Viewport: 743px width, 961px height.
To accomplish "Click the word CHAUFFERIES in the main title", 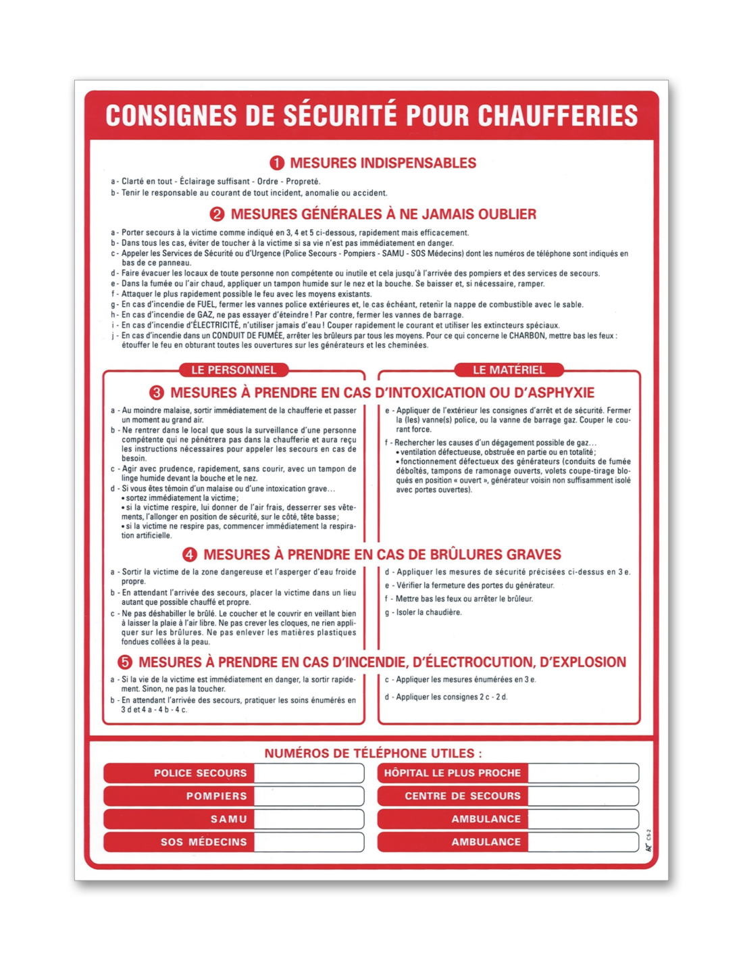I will point(558,116).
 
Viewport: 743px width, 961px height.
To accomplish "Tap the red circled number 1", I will point(277,163).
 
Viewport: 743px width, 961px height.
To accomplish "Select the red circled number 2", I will point(217,214).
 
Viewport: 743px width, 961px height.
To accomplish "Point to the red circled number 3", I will point(157,393).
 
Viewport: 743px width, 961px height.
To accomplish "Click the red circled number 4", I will point(190,555).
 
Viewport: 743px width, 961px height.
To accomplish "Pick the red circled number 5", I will point(125,662).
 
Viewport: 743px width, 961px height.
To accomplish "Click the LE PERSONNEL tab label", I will point(234,370).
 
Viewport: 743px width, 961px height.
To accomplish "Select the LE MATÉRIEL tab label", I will point(509,370).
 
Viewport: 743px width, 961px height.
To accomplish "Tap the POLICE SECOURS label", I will point(200,773).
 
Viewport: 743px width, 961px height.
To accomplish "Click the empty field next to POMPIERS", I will point(309,796).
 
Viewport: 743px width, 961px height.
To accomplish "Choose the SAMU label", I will point(228,819).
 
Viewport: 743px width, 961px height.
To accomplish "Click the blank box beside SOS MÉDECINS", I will point(309,842).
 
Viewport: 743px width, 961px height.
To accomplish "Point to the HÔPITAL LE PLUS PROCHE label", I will point(453,773).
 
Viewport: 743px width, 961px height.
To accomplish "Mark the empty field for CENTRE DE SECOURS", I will point(583,796).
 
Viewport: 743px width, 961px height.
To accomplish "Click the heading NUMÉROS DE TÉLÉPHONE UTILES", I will point(373,754).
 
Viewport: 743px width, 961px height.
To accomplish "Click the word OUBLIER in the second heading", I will point(507,214).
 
